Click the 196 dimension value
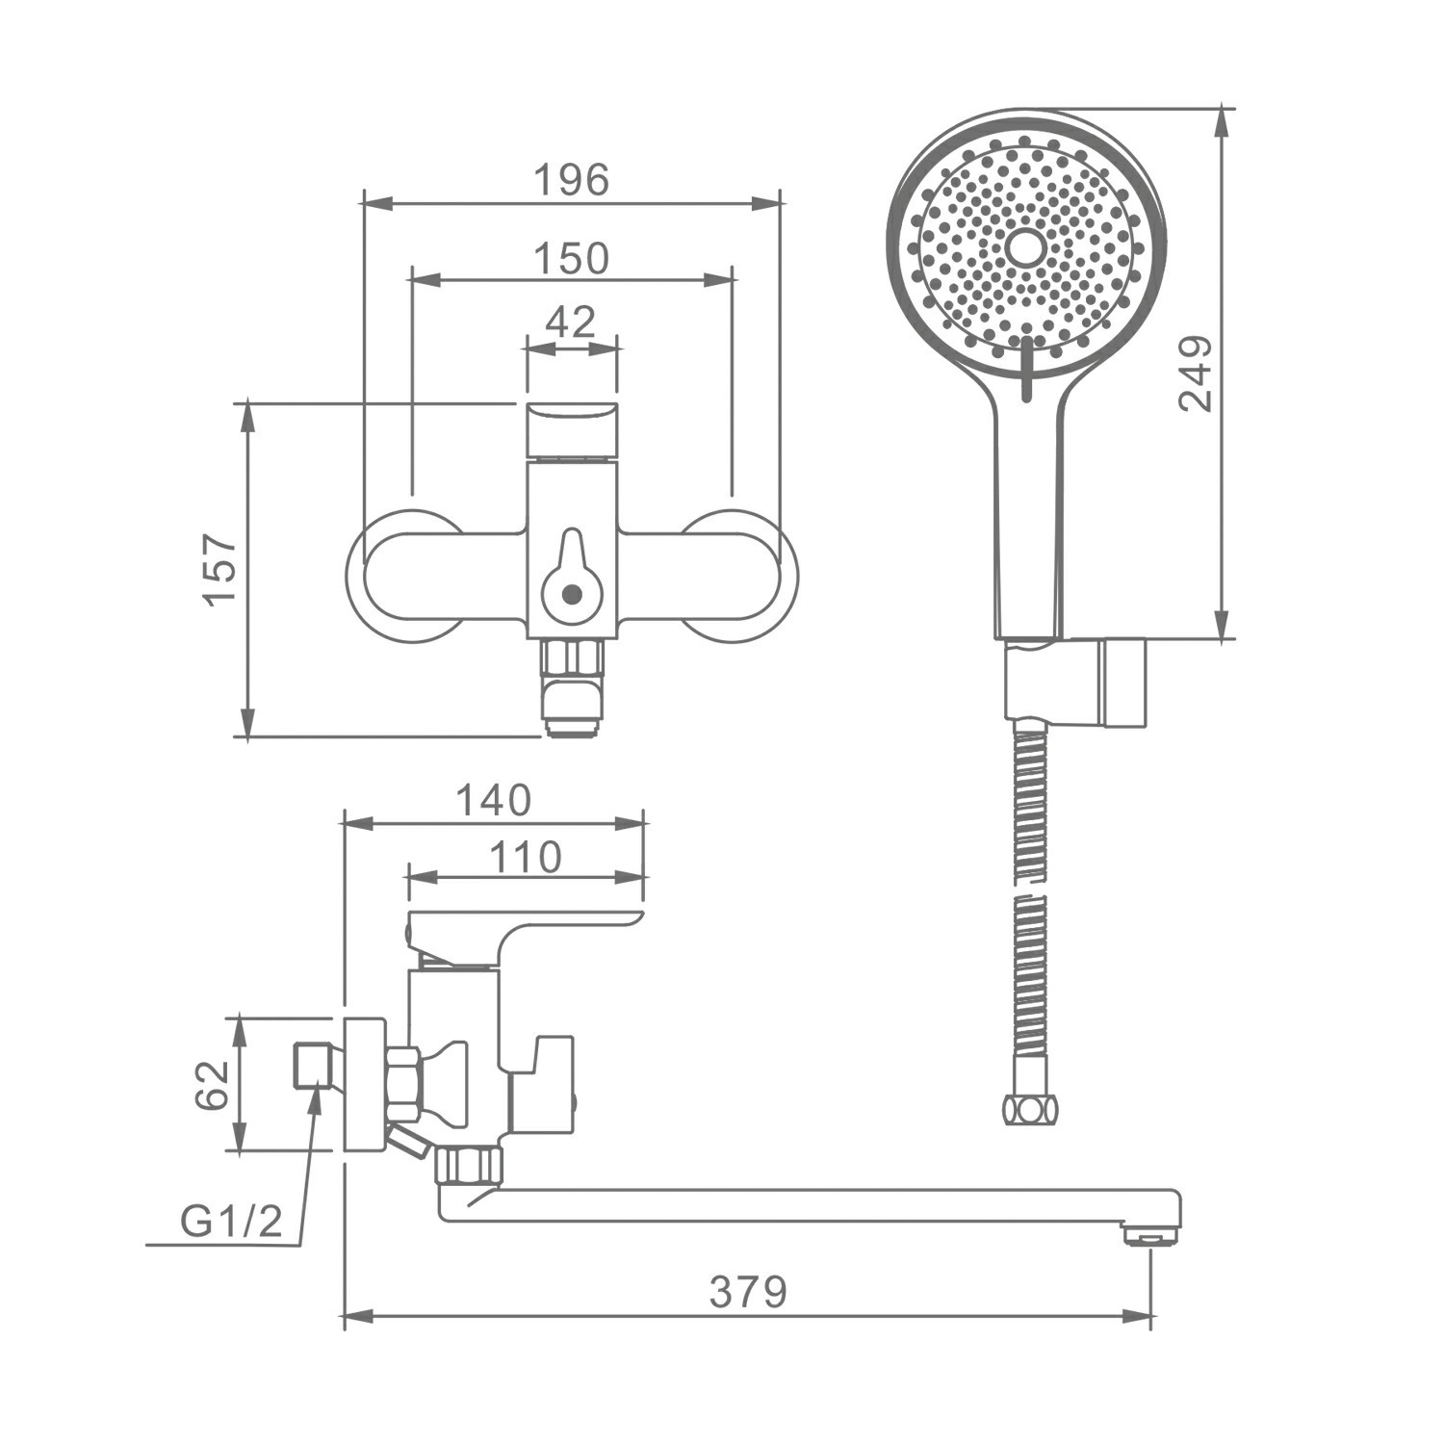pos(572,180)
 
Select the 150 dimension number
pos(572,258)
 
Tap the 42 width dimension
pos(571,322)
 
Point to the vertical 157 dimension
pos(220,569)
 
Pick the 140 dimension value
pos(493,800)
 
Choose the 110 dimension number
pos(525,857)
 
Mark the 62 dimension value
pos(213,1085)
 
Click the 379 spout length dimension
pos(748,1292)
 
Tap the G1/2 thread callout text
pos(231,1222)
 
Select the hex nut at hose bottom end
pos(1029,1110)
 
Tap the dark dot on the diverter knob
pos(572,594)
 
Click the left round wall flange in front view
pos(404,576)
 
